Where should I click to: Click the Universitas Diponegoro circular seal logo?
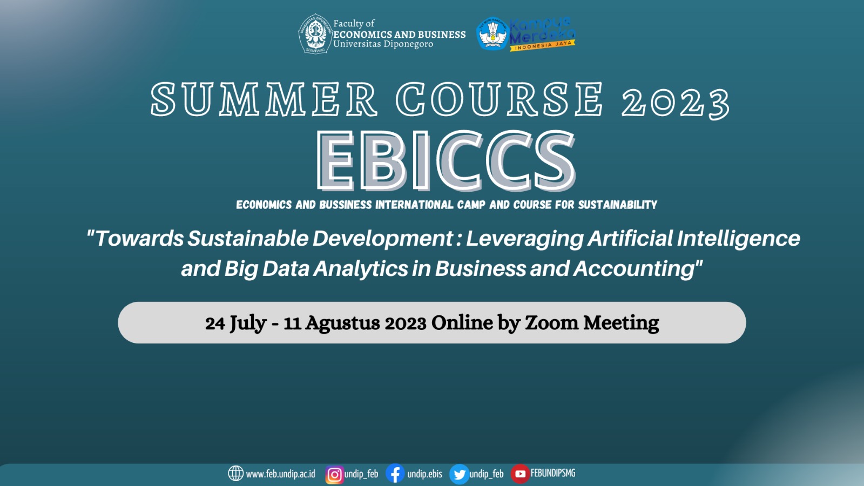pyautogui.click(x=315, y=34)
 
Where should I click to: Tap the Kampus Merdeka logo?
pyautogui.click(x=526, y=34)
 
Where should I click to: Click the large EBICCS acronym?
pyautogui.click(x=446, y=160)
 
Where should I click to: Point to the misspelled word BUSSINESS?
pyautogui.click(x=346, y=205)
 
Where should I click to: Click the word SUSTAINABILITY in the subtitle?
pyautogui.click(x=618, y=205)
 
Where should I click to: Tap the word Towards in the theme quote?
pyautogui.click(x=139, y=238)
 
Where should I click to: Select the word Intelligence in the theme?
pyautogui.click(x=738, y=238)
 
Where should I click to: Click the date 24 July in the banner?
pyautogui.click(x=235, y=323)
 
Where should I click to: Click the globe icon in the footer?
pyautogui.click(x=235, y=473)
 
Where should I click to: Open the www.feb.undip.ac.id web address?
pyautogui.click(x=280, y=474)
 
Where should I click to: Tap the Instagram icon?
pyautogui.click(x=334, y=475)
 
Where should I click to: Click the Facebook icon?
pyautogui.click(x=395, y=473)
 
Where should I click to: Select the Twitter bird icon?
pyautogui.click(x=459, y=474)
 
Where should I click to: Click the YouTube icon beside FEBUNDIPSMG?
pyautogui.click(x=520, y=474)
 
